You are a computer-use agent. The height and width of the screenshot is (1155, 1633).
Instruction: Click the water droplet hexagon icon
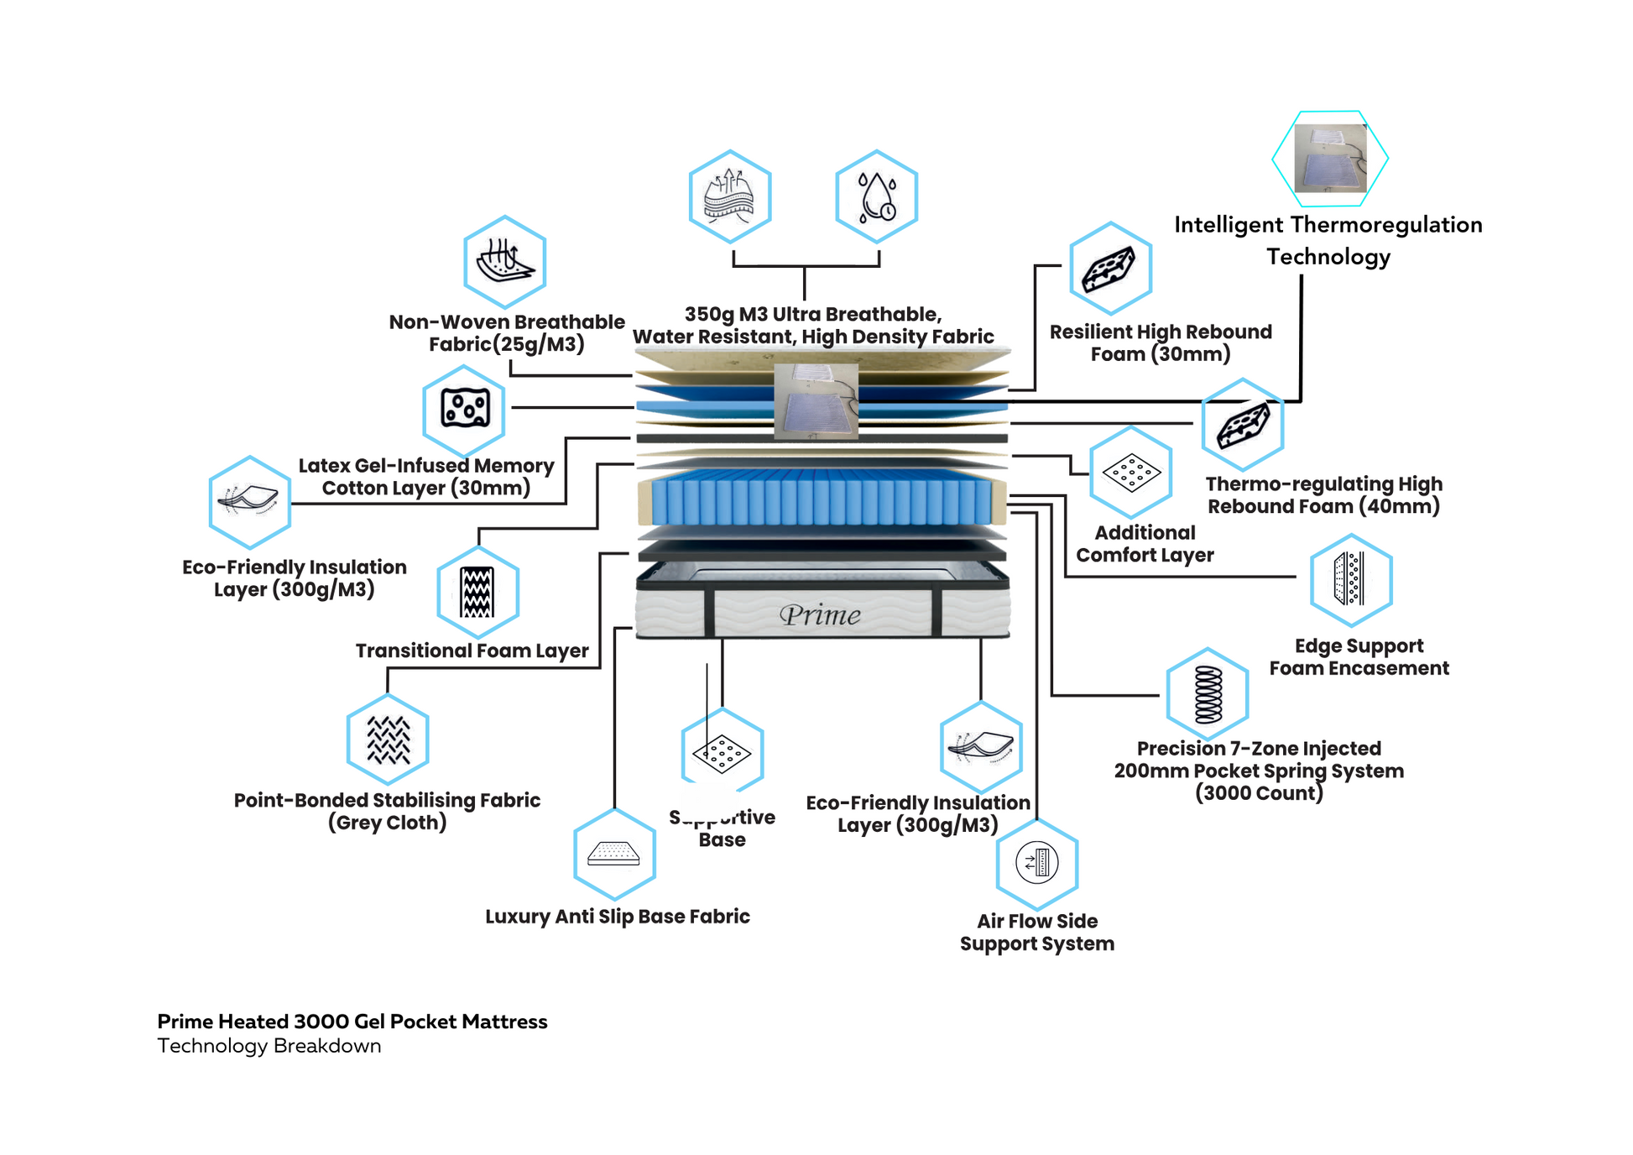876,197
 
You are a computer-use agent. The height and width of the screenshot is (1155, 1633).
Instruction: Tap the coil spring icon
1208,694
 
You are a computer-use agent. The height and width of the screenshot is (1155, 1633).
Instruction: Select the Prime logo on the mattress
820,615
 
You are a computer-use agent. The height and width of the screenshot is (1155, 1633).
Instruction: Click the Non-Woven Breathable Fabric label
507,333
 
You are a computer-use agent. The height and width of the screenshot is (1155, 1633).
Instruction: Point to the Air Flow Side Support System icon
1036,863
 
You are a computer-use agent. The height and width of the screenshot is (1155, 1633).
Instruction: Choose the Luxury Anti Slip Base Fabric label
617,917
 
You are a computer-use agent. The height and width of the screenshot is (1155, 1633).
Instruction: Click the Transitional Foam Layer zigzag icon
477,592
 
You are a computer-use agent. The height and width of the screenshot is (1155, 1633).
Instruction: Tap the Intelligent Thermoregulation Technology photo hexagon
1330,159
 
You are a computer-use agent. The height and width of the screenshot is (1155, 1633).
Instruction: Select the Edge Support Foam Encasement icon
1350,579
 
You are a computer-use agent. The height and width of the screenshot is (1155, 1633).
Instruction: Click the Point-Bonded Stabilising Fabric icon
388,740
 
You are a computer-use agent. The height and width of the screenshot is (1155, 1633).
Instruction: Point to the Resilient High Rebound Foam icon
1109,269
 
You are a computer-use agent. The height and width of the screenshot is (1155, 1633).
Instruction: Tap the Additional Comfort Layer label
1145,544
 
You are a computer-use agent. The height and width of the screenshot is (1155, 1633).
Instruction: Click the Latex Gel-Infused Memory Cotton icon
464,409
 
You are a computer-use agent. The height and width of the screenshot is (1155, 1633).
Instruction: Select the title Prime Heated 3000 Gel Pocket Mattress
352,1022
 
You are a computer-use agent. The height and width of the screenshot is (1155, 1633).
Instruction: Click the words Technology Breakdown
269,1046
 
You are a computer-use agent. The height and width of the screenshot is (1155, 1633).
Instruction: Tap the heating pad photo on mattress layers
816,401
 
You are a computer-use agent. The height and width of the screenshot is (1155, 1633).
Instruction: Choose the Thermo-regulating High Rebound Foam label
1323,495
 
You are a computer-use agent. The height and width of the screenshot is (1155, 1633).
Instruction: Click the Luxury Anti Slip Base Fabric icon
614,854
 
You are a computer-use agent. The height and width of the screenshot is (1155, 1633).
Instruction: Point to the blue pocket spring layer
821,501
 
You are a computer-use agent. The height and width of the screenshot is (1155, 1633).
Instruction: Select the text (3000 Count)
1259,793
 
